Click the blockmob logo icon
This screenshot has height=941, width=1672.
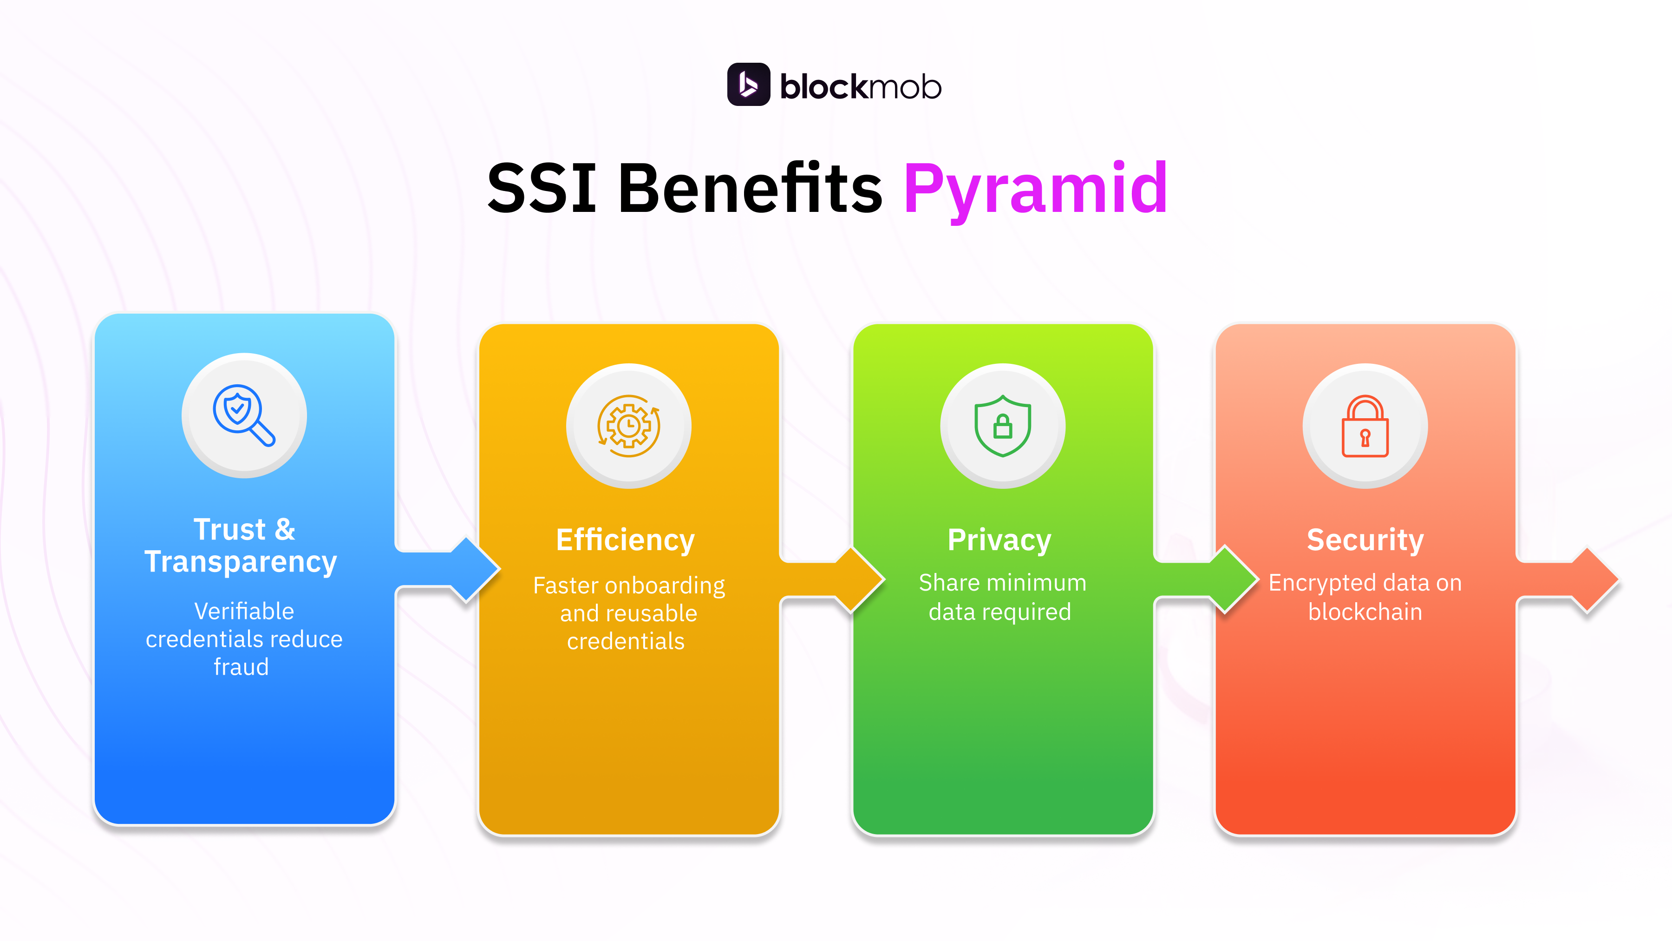[x=748, y=85]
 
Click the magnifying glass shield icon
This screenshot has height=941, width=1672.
[x=244, y=415]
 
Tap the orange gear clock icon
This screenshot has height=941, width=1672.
[x=628, y=426]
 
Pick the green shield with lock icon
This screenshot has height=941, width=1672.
[x=1002, y=426]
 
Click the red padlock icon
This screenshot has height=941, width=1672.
[x=1365, y=426]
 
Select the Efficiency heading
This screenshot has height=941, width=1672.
[x=625, y=540]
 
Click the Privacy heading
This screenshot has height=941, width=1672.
[x=999, y=540]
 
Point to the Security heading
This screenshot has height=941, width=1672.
[x=1365, y=540]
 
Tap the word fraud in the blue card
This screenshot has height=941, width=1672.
[x=241, y=667]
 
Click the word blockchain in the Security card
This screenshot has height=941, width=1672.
[x=1365, y=612]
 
